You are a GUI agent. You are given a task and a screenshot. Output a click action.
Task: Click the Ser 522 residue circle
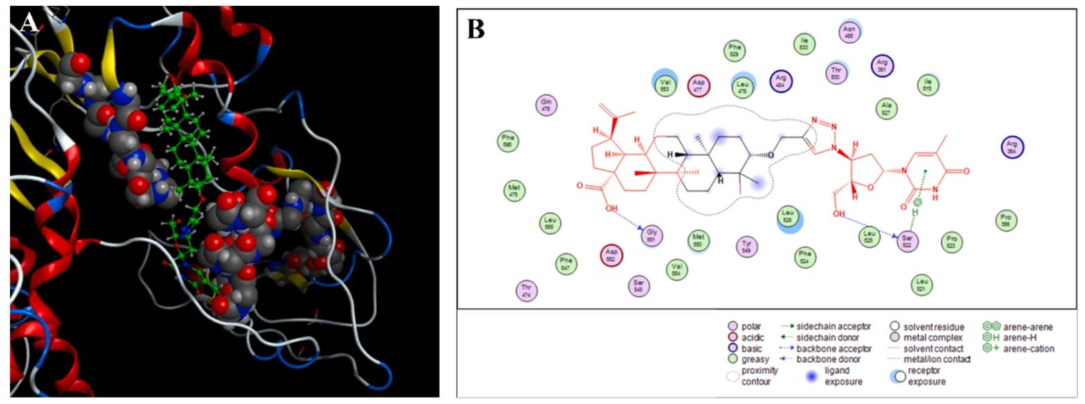tap(908, 241)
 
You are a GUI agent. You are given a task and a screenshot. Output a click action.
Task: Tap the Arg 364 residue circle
tap(1013, 147)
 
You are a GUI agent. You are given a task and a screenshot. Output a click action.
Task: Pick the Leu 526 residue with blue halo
tap(787, 217)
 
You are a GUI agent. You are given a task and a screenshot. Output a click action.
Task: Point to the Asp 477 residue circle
tap(699, 86)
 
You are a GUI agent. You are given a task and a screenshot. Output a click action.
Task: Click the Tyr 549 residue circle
tap(746, 246)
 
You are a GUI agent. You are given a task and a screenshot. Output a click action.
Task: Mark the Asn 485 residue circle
tap(849, 31)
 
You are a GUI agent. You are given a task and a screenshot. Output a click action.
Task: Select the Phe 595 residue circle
tap(509, 142)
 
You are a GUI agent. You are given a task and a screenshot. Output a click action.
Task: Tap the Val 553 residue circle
tap(664, 83)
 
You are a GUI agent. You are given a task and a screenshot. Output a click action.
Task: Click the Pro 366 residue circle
tap(1005, 221)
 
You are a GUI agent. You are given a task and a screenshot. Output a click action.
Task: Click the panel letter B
tap(477, 29)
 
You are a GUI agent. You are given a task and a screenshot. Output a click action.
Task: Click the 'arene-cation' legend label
tap(1023, 348)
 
